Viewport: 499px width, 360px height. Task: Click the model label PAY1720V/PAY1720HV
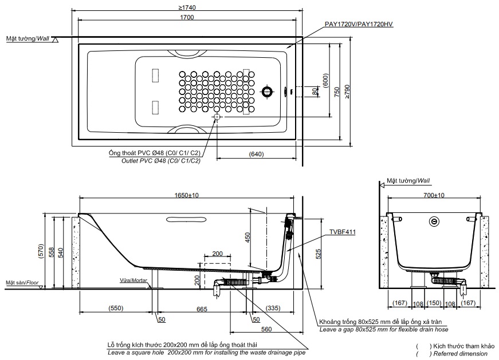[x=358, y=24]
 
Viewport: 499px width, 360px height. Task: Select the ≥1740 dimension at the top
[x=186, y=7]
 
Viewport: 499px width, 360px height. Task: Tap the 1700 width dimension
[x=186, y=17]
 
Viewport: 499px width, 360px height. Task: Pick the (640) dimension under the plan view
[x=256, y=154]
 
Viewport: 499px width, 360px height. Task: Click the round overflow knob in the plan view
[x=267, y=91]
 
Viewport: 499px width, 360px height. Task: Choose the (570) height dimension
[x=40, y=251]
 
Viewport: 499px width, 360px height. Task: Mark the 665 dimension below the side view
[x=201, y=308]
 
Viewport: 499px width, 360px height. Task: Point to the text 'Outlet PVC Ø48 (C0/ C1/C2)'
[x=161, y=161]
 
